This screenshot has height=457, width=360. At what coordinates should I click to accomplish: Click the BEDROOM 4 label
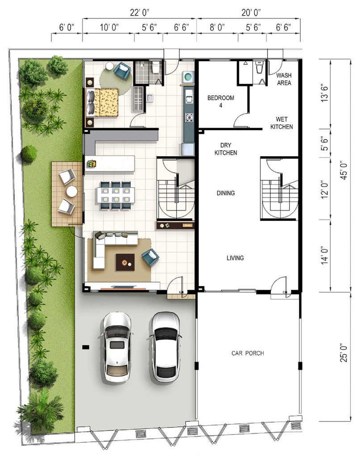[x=221, y=101]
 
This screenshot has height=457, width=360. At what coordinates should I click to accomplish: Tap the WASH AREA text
[x=284, y=79]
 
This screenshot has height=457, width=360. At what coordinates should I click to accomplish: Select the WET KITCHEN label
[x=281, y=123]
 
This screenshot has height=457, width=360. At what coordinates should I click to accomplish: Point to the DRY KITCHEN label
[x=226, y=149]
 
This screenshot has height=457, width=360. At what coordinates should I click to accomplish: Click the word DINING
[x=226, y=193]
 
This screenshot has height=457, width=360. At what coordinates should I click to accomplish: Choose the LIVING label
[x=235, y=258]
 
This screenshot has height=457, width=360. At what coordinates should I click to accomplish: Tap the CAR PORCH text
[x=248, y=353]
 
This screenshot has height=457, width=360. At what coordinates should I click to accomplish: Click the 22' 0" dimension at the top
[x=140, y=12]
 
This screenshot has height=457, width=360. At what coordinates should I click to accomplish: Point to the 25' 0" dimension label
[x=344, y=353]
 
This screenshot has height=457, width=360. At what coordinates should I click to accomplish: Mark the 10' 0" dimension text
[x=109, y=27]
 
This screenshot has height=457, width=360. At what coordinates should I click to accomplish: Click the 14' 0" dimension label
[x=325, y=256]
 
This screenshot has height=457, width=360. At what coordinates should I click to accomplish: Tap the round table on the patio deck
[x=71, y=191]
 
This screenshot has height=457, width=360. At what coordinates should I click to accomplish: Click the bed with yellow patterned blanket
[x=102, y=103]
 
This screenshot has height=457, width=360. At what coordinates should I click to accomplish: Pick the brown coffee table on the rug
[x=125, y=262]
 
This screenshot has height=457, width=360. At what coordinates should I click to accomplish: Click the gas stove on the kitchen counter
[x=189, y=117]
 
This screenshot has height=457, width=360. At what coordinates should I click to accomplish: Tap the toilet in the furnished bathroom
[x=156, y=67]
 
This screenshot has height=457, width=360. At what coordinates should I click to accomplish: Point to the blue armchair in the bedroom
[x=122, y=70]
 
